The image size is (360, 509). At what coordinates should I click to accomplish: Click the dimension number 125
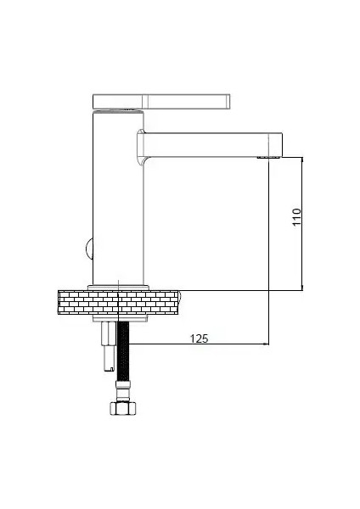pos(198,338)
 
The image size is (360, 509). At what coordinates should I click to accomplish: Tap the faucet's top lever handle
pos(161,101)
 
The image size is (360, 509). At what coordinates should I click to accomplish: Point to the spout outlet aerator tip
pos(269,157)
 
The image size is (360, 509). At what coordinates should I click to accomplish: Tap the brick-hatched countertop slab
pos(119,300)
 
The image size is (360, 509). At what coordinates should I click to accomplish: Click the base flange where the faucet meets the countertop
pos(120,285)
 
